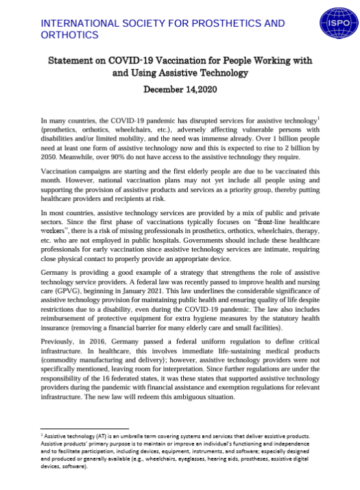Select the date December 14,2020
tap(180, 89)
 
